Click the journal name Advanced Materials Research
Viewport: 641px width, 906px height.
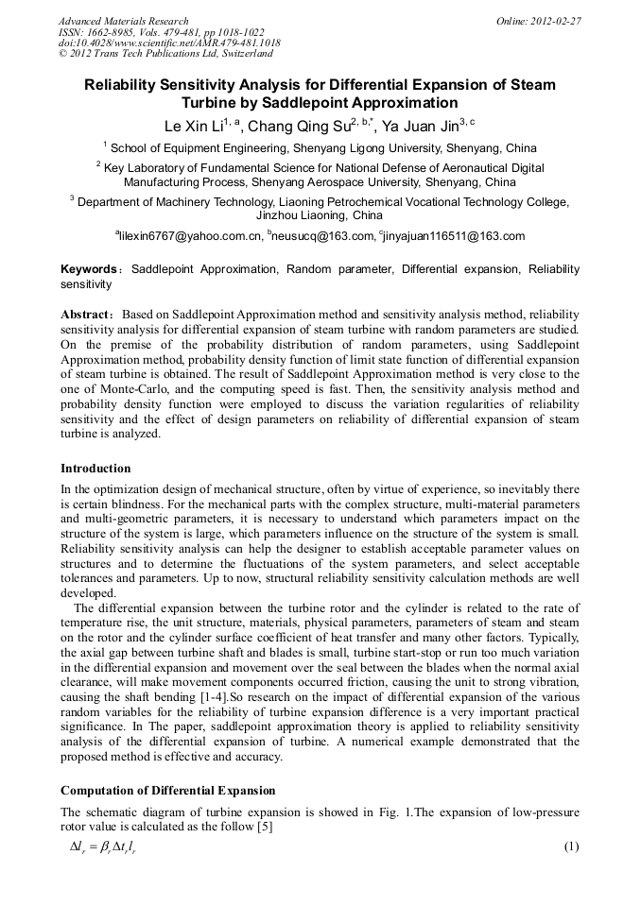pos(123,21)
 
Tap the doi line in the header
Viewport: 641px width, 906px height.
pos(169,43)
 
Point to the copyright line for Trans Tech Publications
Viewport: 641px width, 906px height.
pos(165,55)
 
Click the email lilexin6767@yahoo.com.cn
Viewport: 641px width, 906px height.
pos(188,236)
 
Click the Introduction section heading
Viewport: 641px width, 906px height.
pos(95,469)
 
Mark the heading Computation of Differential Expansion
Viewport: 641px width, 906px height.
pos(167,790)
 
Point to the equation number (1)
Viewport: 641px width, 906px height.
pos(571,846)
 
